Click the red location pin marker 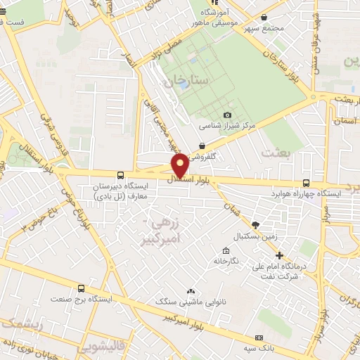(179, 165)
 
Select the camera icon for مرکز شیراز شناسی (227, 115)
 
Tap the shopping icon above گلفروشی (202, 146)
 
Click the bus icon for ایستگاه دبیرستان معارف (121, 175)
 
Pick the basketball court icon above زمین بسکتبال (255, 224)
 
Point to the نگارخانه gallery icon (225, 251)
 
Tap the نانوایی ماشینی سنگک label (190, 301)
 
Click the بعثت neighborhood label (275, 151)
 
